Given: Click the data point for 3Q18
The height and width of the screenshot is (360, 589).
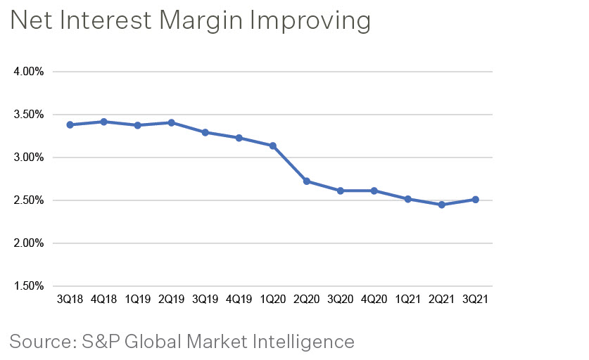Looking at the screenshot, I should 70,124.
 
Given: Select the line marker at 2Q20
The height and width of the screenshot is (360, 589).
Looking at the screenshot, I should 306,181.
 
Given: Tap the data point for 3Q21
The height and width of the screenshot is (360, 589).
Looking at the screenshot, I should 476,200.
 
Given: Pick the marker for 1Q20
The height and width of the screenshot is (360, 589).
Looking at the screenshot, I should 272,146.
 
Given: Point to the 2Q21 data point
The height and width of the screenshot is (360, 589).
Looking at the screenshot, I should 441,205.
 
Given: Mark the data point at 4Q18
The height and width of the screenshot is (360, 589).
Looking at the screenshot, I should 103,122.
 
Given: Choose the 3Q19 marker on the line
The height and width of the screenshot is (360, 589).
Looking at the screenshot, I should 205,132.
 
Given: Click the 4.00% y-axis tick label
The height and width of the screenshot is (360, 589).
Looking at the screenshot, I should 29,72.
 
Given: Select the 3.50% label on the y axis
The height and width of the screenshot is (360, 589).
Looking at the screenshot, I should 29,115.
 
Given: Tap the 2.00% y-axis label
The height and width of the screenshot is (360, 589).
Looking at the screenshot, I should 29,243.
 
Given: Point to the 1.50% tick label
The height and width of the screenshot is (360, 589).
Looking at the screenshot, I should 29,286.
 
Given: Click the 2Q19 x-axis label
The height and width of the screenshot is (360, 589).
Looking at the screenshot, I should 171,299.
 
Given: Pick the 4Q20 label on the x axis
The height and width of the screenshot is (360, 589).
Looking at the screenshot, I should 374,299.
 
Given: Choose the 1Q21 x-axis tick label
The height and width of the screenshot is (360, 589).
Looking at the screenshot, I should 407,299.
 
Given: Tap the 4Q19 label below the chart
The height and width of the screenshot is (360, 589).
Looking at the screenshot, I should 239,299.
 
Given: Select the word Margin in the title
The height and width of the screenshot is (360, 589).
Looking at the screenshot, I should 194,21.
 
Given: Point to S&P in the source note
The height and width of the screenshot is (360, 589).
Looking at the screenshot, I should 106,342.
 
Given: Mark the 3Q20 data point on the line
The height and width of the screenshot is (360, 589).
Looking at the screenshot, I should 340,191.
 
